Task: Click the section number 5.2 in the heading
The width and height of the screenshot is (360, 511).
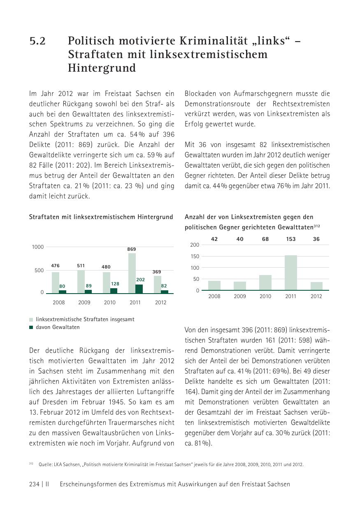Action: pos(37,42)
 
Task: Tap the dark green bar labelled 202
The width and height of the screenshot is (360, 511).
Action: pos(139,289)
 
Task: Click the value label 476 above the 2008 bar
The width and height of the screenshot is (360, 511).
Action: pos(55,266)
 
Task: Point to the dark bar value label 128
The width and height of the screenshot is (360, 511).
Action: pos(115,284)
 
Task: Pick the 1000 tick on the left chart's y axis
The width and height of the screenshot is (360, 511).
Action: pos(37,247)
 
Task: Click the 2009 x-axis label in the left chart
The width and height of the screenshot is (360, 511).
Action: pos(84,303)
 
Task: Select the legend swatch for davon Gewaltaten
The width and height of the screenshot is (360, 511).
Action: pos(31,328)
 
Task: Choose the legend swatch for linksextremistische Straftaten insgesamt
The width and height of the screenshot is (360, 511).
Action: pos(31,320)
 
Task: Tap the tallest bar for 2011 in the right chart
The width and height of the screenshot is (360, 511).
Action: pos(290,273)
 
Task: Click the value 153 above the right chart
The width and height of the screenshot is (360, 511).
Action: pos(291,239)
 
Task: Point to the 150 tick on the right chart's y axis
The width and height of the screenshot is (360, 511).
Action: pos(195,257)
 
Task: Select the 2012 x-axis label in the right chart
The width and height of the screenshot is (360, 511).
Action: pos(316,296)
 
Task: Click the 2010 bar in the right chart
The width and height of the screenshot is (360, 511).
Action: pos(265,282)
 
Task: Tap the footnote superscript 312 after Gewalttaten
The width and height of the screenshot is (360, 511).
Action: pos(317,226)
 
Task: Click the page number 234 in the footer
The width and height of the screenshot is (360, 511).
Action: pos(34,485)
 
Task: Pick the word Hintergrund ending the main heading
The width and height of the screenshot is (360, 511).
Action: pos(102,68)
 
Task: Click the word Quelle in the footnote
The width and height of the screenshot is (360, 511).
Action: pos(45,465)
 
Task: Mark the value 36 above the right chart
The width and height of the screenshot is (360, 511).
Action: pos(316,239)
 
